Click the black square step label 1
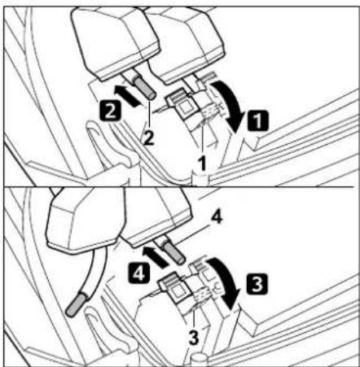coord(257,120)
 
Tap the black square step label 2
coord(110,110)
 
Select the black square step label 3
coord(257,284)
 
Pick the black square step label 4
coord(139,273)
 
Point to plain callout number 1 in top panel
coord(202,164)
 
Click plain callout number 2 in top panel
coord(148,138)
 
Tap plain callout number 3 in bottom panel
coord(194,338)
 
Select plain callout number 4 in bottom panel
coord(217,217)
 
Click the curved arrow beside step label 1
coord(230,104)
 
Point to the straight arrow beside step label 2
coord(126,95)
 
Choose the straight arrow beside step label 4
coord(155,257)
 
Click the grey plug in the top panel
coord(144,88)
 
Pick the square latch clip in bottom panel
coord(175,287)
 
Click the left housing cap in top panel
coord(115,43)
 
